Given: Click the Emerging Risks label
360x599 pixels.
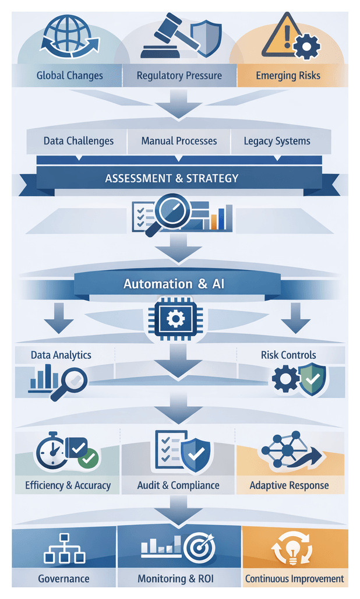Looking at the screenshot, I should (288, 76).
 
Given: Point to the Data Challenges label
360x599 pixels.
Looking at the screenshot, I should (79, 141).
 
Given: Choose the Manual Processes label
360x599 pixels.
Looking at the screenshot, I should (179, 141).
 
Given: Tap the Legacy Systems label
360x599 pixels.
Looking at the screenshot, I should (277, 141).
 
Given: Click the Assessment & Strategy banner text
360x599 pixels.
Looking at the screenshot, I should (172, 178).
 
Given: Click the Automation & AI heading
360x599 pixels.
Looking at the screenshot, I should (174, 284).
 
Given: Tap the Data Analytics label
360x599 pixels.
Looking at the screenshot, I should (61, 355).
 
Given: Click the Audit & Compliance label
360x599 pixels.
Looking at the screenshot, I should (178, 485).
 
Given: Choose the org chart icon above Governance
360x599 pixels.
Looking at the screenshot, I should (64, 549).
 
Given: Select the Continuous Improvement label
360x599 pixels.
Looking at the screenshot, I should (294, 579).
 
